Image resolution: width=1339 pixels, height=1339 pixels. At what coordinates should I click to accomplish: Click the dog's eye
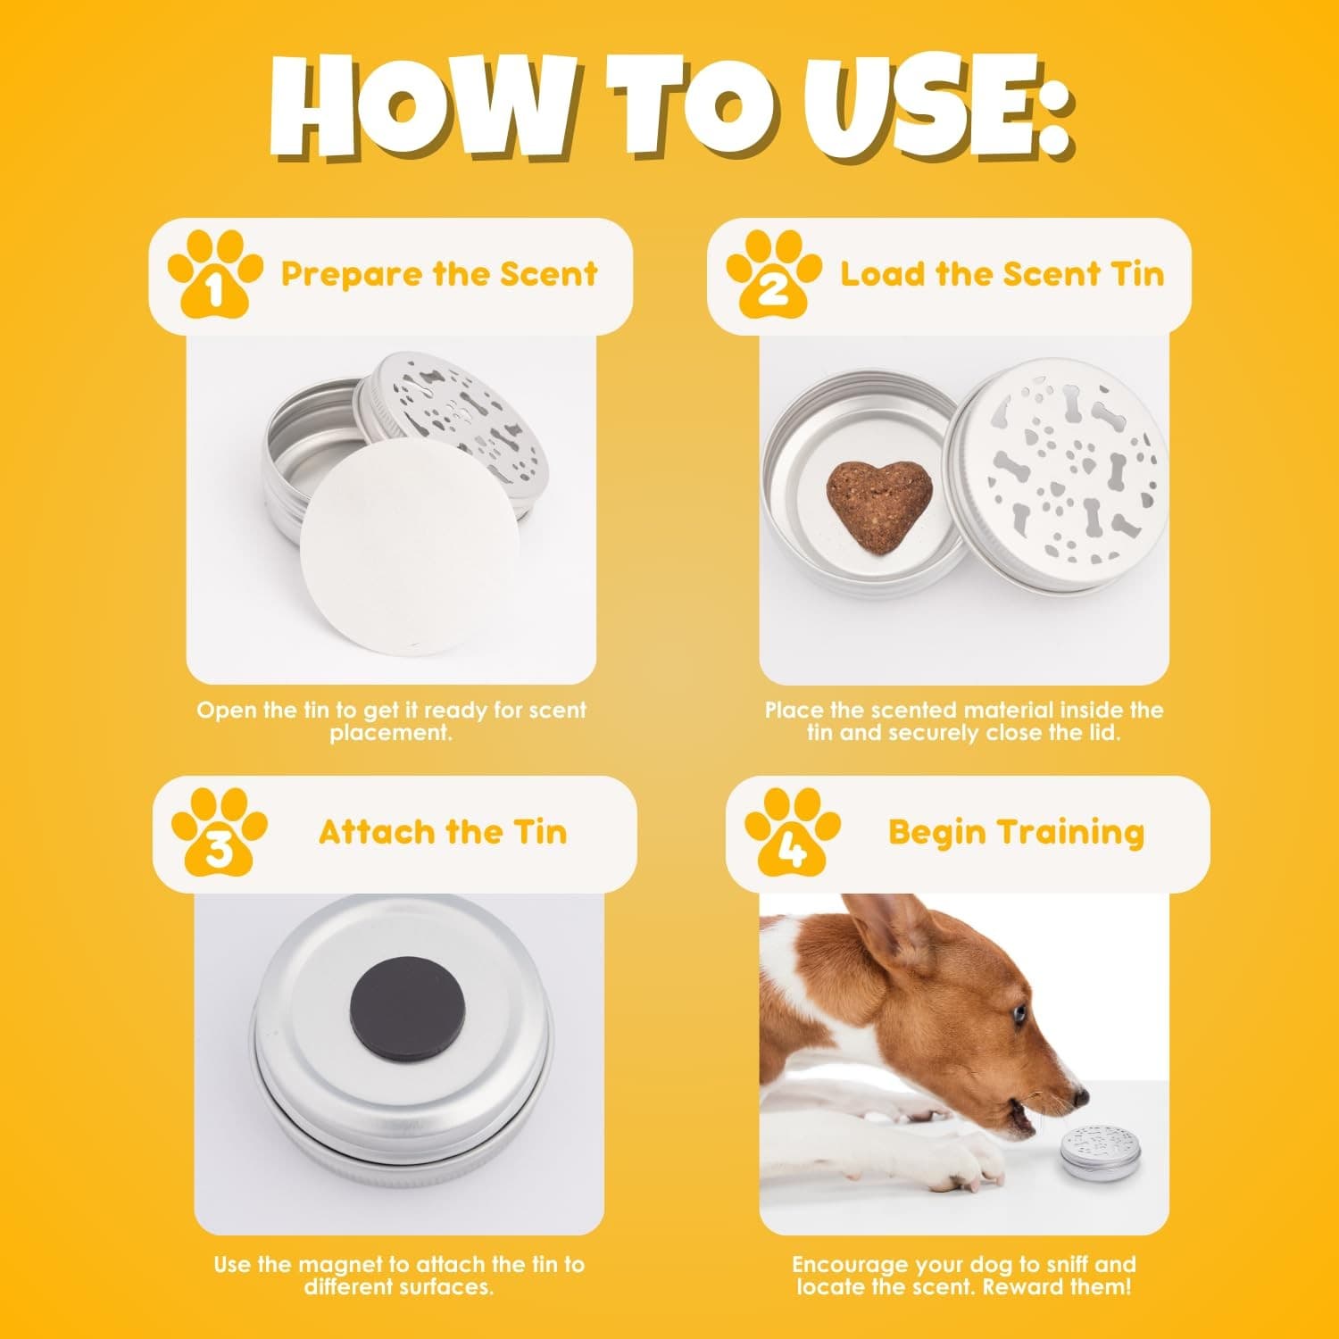1019,1013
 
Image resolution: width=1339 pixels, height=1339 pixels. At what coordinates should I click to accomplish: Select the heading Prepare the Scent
439,274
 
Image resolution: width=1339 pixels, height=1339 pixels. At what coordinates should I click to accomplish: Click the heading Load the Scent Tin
1002,274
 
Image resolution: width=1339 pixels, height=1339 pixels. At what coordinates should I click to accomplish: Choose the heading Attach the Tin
443,832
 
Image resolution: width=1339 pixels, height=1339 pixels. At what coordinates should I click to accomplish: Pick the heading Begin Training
1016,832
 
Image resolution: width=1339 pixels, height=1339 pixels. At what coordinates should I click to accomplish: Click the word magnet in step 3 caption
344,1264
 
